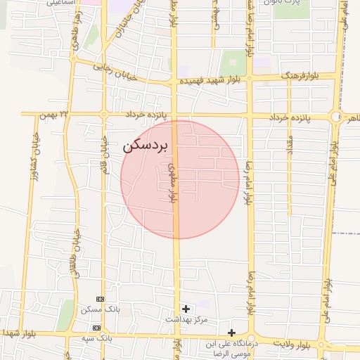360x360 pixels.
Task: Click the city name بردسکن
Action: pos(146,146)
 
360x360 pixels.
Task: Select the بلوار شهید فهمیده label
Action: pos(208,82)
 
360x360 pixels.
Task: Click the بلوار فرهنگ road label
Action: pos(300,75)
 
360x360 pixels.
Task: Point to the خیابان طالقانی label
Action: pos(73,248)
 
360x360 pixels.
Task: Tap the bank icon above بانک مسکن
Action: pos(99,299)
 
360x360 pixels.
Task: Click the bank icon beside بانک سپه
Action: pos(96,328)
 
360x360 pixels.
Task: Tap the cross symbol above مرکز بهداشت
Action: pos(186,308)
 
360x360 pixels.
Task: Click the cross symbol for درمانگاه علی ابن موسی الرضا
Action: pos(231,333)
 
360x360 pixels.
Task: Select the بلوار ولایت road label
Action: pos(291,345)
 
